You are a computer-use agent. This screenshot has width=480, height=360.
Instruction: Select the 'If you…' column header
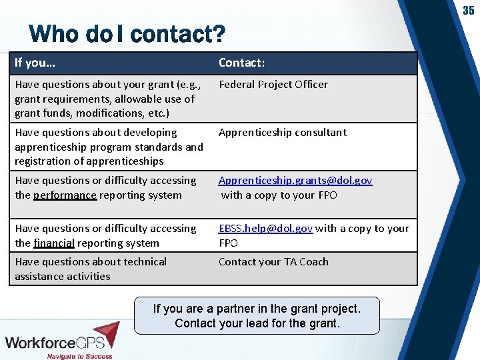(x=35, y=63)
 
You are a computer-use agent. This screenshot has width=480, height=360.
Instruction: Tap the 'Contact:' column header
(x=241, y=63)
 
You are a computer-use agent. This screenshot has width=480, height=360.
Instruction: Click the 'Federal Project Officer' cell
(x=273, y=85)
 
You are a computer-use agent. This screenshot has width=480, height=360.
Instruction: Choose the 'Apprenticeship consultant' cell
(x=282, y=133)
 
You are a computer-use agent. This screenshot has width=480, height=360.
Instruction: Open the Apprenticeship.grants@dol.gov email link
(x=295, y=181)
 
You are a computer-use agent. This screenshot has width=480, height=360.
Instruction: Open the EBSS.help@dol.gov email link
(x=266, y=229)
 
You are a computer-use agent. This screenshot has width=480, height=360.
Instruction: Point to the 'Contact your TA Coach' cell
(x=273, y=262)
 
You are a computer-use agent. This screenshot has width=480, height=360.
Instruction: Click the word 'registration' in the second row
(x=43, y=161)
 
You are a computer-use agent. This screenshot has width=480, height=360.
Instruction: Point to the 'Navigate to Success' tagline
(x=79, y=356)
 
